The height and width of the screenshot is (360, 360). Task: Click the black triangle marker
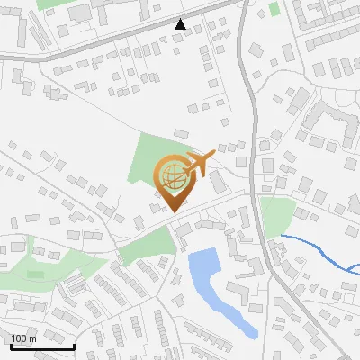(x=181, y=24)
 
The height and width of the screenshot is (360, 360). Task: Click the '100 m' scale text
(x=23, y=338)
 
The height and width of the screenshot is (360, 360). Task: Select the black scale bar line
(x=42, y=346)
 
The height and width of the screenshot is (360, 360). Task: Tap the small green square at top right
(x=274, y=8)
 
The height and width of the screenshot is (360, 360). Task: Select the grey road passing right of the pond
(x=270, y=261)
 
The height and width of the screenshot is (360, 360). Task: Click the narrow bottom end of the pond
(x=251, y=331)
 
